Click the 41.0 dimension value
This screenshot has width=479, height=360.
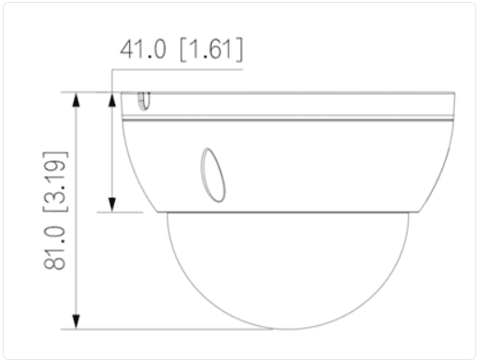click(143, 49)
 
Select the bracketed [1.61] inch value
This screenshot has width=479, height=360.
click(212, 49)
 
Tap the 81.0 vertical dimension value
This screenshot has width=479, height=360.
click(55, 248)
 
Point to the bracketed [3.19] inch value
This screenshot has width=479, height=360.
click(55, 181)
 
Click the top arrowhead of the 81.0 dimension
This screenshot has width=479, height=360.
click(76, 99)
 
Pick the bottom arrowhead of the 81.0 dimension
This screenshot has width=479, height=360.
click(76, 321)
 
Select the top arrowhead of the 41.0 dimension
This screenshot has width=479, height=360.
click(112, 99)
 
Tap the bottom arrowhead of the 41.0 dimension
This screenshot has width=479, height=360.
click(112, 204)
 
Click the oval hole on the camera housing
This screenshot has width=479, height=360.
click(213, 175)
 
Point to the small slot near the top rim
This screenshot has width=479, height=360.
click(144, 101)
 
